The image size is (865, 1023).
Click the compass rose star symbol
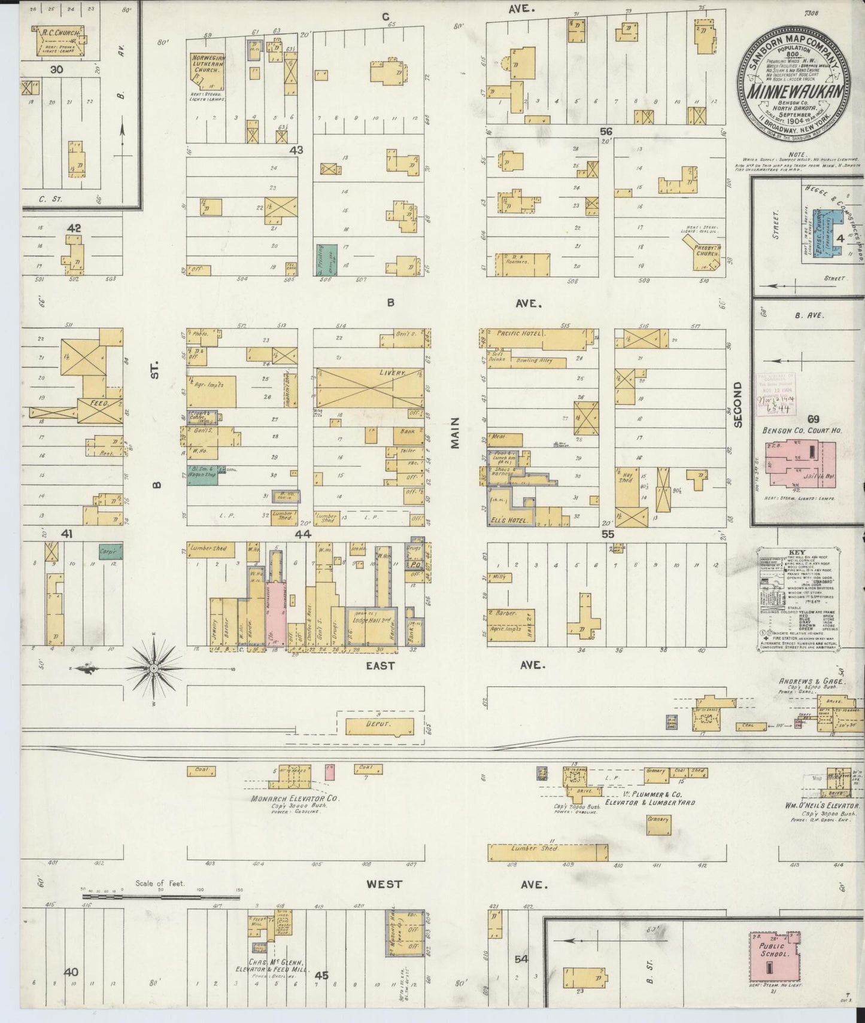tap(153, 668)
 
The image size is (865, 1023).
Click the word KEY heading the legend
tap(798, 553)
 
